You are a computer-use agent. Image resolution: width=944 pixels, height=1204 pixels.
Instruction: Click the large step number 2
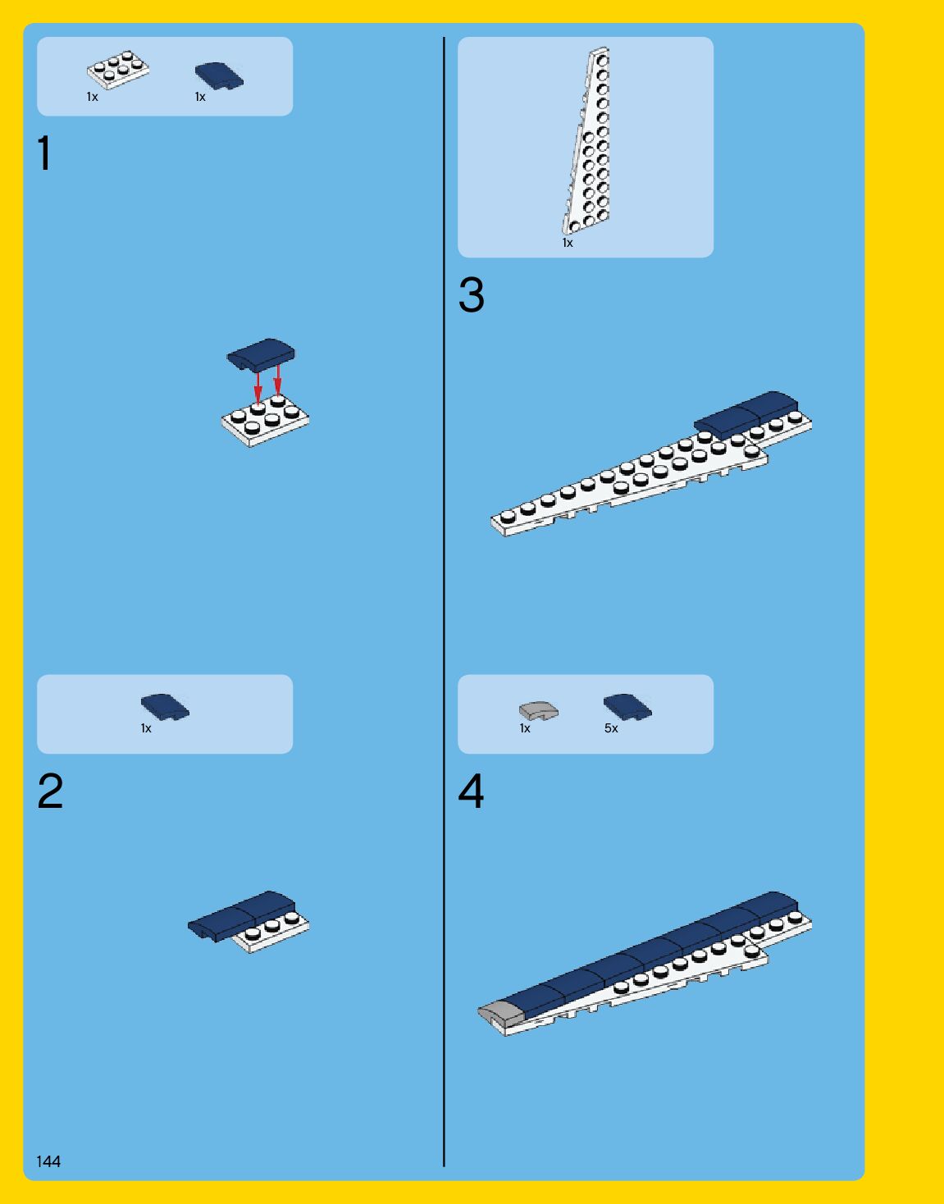pyautogui.click(x=50, y=791)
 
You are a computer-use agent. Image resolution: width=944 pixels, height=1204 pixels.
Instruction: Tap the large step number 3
pyautogui.click(x=472, y=294)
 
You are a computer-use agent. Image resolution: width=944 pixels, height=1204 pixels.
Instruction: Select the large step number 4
pyautogui.click(x=471, y=791)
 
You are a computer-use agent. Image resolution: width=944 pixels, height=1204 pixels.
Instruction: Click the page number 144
pyautogui.click(x=48, y=1161)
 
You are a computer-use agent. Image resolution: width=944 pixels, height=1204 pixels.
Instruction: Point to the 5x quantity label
pyautogui.click(x=611, y=728)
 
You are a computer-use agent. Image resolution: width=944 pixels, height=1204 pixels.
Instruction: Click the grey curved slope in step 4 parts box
pyautogui.click(x=539, y=710)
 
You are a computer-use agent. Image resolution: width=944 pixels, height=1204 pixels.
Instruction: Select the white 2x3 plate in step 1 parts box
pyautogui.click(x=118, y=71)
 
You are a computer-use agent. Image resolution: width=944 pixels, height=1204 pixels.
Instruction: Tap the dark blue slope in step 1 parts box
pyautogui.click(x=219, y=75)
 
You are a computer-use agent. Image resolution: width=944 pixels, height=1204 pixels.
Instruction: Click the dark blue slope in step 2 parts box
pyautogui.click(x=165, y=707)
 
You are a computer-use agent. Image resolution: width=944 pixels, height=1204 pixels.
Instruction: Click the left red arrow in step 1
pyautogui.click(x=258, y=385)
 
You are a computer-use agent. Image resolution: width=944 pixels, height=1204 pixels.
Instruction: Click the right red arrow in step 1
pyautogui.click(x=277, y=380)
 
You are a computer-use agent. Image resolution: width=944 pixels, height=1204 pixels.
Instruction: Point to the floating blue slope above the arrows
pyautogui.click(x=261, y=353)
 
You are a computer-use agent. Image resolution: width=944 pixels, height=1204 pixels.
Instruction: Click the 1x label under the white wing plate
pyautogui.click(x=568, y=243)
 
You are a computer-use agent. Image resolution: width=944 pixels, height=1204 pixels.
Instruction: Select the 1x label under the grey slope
pyautogui.click(x=525, y=728)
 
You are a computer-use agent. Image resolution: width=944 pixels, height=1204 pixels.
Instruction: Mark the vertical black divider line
pyautogui.click(x=444, y=602)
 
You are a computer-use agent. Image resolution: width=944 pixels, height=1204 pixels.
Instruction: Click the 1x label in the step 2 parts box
pyautogui.click(x=146, y=728)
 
